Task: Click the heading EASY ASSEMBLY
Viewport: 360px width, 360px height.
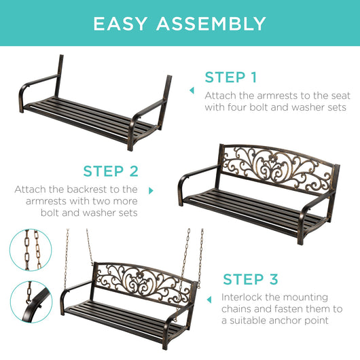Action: point(179,24)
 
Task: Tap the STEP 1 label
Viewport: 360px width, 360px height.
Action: point(230,77)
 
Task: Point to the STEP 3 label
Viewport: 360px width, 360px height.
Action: point(250,279)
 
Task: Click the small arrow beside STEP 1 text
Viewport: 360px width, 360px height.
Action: point(192,90)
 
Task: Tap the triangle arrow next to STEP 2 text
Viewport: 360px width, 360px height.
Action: point(151,192)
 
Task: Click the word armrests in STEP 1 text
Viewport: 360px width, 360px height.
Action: point(272,95)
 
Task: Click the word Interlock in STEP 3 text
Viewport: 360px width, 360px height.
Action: point(242,298)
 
